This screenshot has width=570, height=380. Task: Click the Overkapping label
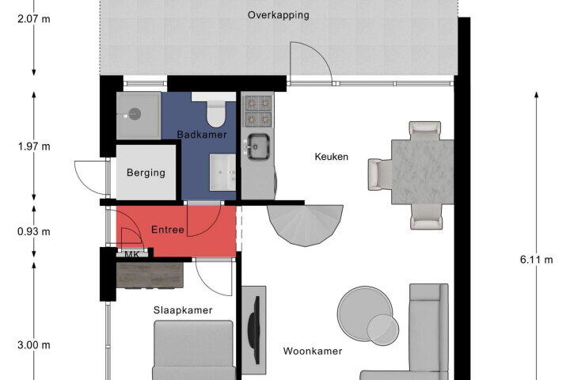[x=279, y=15]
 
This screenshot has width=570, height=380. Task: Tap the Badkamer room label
[x=202, y=135]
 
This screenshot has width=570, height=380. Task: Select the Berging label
[x=146, y=173]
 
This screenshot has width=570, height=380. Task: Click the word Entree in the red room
[x=167, y=230]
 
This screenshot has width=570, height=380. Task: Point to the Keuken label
[x=331, y=157]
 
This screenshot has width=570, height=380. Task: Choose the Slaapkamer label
[x=183, y=310]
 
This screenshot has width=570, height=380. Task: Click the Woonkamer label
[x=313, y=351]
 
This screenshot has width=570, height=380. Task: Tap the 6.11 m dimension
[x=536, y=260]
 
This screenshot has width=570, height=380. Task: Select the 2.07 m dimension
[x=34, y=18]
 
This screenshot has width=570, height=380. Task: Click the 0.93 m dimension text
[x=34, y=231]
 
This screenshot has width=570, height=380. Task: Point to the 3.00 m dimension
[x=34, y=344]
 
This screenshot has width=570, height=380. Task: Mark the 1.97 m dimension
[x=34, y=146]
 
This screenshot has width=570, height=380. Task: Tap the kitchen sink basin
[x=258, y=146]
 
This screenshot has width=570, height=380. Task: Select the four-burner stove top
[x=258, y=111]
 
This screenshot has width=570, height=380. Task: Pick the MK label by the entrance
[x=131, y=255]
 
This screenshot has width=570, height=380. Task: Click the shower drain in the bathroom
[x=135, y=114]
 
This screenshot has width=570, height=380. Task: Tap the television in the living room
[x=254, y=330]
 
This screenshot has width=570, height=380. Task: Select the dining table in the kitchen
[x=423, y=172]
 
